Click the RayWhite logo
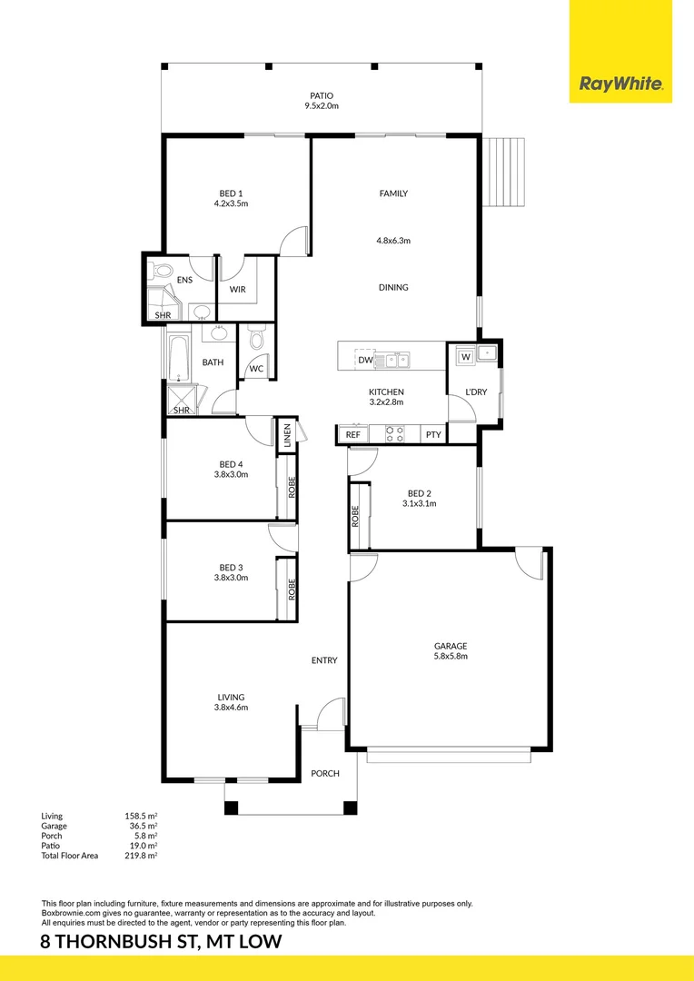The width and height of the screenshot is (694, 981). pyautogui.click(x=620, y=86)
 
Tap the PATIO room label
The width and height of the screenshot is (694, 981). pyautogui.click(x=321, y=95)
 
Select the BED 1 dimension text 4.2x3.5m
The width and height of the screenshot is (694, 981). pyautogui.click(x=231, y=204)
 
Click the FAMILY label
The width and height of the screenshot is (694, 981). pyautogui.click(x=393, y=193)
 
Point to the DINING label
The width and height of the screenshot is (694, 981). pyautogui.click(x=393, y=288)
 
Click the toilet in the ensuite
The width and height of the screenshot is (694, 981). pyautogui.click(x=163, y=271)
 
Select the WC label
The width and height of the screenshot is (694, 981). pyautogui.click(x=256, y=369)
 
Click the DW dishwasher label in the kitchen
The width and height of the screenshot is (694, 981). pyautogui.click(x=365, y=361)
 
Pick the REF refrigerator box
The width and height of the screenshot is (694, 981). pyautogui.click(x=353, y=435)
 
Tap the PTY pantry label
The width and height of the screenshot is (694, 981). pyautogui.click(x=433, y=435)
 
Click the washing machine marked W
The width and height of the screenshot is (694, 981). pyautogui.click(x=466, y=356)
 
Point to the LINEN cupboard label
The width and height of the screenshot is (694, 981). pyautogui.click(x=287, y=435)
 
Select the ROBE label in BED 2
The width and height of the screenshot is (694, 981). pyautogui.click(x=355, y=517)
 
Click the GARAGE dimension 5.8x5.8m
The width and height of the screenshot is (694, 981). pyautogui.click(x=451, y=657)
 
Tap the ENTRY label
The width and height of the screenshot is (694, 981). pyautogui.click(x=324, y=660)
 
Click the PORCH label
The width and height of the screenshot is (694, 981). pyautogui.click(x=325, y=774)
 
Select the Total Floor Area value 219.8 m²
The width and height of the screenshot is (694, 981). pyautogui.click(x=141, y=856)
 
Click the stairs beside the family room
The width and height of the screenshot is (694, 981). pyautogui.click(x=504, y=172)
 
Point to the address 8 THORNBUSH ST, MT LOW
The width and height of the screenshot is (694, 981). pyautogui.click(x=162, y=942)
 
